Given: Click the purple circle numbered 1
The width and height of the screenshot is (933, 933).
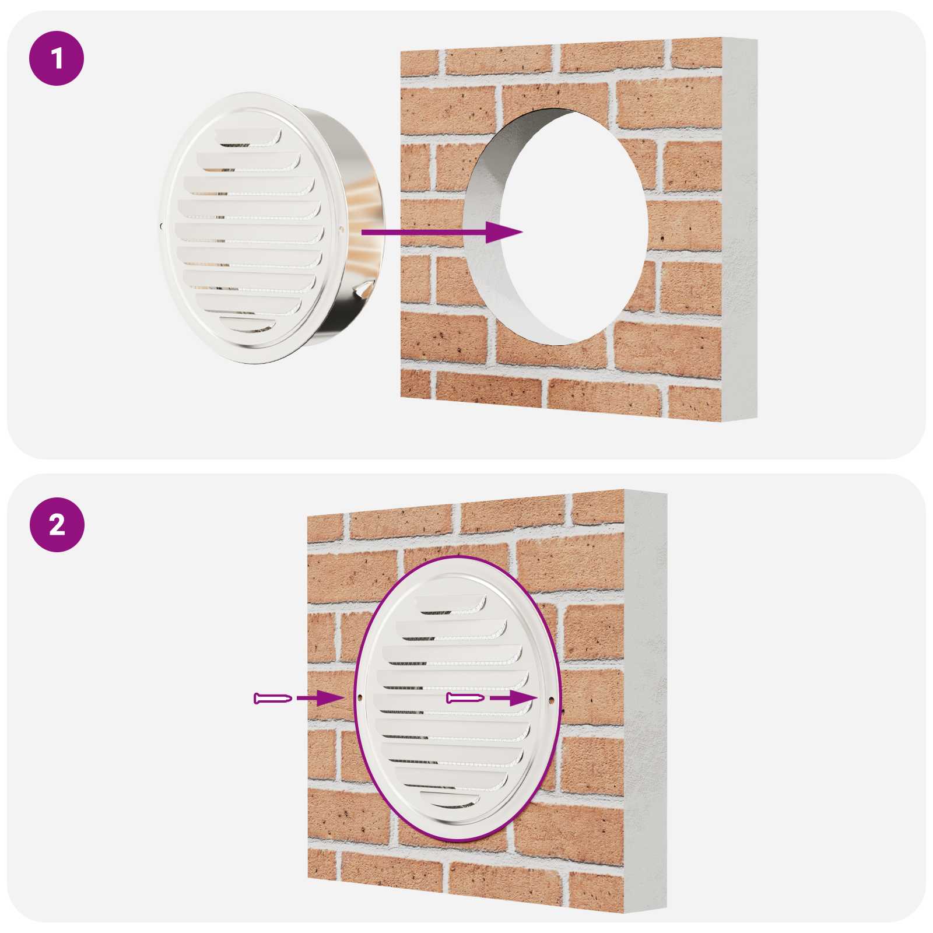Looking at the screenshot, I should [x=57, y=59].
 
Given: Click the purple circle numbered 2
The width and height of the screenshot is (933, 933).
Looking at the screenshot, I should [x=57, y=525].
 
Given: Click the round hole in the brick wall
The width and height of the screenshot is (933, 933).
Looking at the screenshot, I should [x=574, y=227].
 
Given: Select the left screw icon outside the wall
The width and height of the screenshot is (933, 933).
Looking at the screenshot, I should [x=272, y=698].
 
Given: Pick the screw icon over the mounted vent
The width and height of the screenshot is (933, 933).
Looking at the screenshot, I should [x=465, y=698].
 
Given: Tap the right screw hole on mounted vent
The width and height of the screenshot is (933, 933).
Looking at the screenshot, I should [x=551, y=699].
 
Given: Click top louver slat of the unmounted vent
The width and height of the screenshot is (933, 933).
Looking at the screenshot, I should [x=248, y=135].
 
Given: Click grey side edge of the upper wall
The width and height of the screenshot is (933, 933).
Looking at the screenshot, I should [x=739, y=227].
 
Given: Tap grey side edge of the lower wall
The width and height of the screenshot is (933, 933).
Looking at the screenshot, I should [x=646, y=700].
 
